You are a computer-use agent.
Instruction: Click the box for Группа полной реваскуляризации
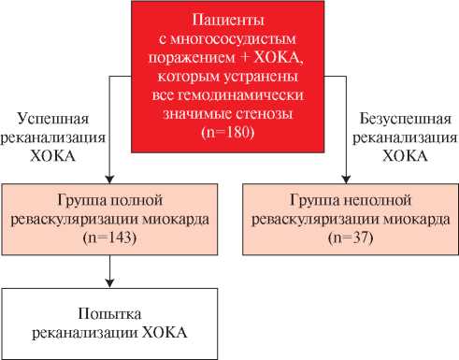tap(110, 220)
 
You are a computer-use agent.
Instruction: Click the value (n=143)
tap(110, 239)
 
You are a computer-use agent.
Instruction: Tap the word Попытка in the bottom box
tap(110, 313)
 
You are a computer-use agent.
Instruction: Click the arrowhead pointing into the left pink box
tap(110, 179)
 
